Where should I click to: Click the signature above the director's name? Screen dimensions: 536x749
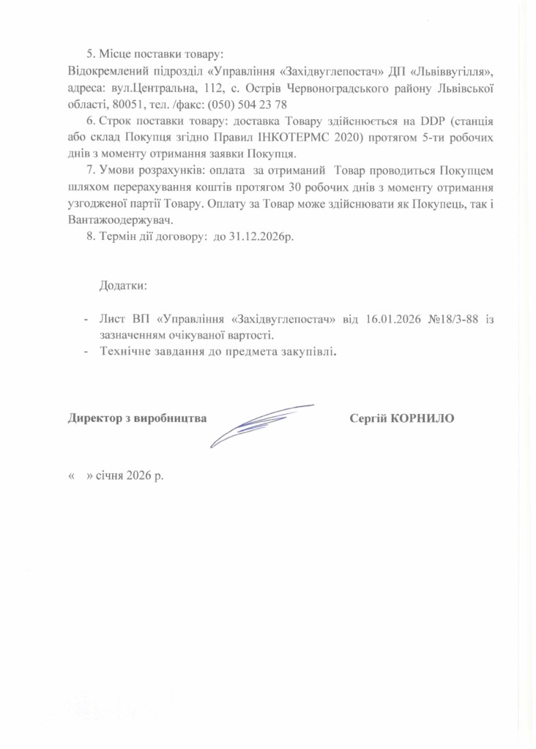260,423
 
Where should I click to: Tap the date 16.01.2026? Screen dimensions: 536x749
395,319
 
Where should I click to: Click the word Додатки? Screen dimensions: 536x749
124,284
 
